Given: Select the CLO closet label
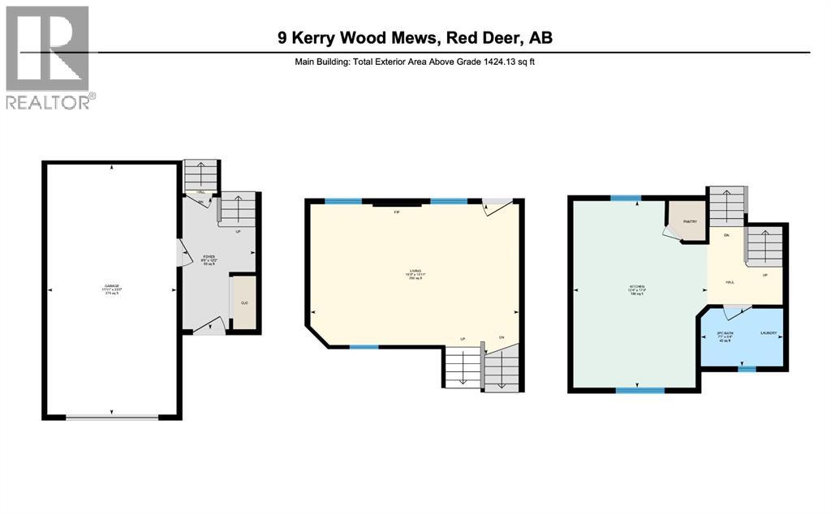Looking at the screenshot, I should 243,303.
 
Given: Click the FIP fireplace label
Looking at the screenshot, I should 397,212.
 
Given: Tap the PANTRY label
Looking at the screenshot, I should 690,221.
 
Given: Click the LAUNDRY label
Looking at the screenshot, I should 769,333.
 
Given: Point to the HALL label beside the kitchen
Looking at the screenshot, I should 730,283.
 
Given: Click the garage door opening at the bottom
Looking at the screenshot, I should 112,417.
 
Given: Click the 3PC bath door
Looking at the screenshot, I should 732,309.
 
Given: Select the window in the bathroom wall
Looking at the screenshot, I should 747,370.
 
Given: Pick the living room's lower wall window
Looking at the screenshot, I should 364,347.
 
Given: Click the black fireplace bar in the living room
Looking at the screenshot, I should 397,204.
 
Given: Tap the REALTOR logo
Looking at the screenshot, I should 48,57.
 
